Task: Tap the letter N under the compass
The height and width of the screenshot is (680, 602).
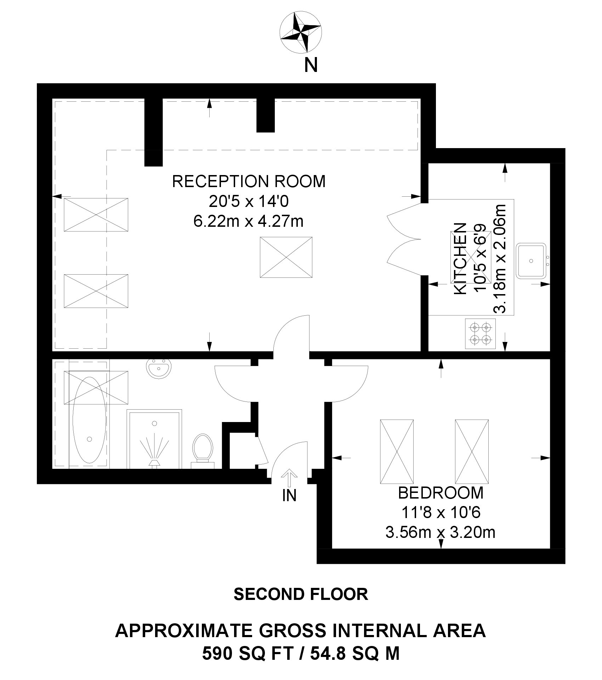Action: point(311,66)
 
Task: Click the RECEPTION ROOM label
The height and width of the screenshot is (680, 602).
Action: point(249,181)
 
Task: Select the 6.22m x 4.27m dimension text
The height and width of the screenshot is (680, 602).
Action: point(249,222)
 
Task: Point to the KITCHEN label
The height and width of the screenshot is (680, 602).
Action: point(460,258)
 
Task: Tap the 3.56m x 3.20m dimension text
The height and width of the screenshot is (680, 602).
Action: point(440,533)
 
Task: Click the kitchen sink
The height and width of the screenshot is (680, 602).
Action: point(532,260)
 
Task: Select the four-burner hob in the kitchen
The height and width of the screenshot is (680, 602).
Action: point(480,333)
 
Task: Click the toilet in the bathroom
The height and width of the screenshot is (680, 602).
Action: point(202,451)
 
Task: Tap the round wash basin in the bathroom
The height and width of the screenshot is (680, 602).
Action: point(159,369)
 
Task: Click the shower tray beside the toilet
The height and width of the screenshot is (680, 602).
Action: point(155,439)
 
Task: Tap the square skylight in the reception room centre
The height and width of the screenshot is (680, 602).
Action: point(286,258)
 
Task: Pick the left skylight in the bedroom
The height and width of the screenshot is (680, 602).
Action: point(397,451)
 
